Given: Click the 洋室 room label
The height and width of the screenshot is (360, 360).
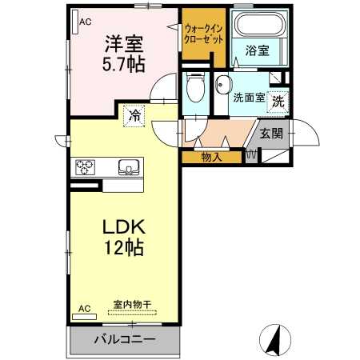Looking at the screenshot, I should (x=122, y=42).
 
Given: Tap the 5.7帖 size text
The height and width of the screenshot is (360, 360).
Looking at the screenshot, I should (x=122, y=64).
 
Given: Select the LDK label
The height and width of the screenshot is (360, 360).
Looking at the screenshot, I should (x=122, y=227).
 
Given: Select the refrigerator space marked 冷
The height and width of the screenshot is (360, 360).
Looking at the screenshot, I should (x=135, y=115).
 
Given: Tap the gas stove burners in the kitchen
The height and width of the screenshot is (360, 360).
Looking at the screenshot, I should (x=86, y=167).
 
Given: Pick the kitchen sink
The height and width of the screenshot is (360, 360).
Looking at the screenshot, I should (x=128, y=167).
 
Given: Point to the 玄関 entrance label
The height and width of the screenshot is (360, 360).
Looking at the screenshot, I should (x=270, y=133).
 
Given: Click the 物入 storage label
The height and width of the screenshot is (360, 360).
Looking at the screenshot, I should (x=212, y=157).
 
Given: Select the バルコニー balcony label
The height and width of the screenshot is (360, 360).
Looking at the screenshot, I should (x=125, y=339).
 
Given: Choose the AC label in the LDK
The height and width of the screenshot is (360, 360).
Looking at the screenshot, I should (x=85, y=307).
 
